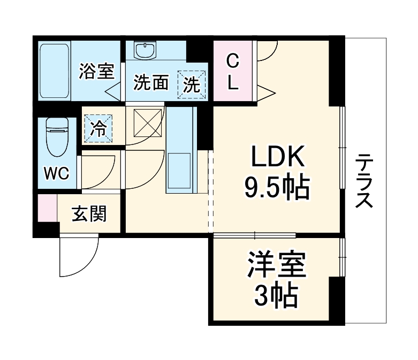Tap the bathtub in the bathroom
[55, 71]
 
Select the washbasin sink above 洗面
[145, 51]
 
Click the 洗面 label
[151, 83]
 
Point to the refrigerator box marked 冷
[98, 128]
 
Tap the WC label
[56, 174]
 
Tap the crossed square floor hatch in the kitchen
[147, 122]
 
